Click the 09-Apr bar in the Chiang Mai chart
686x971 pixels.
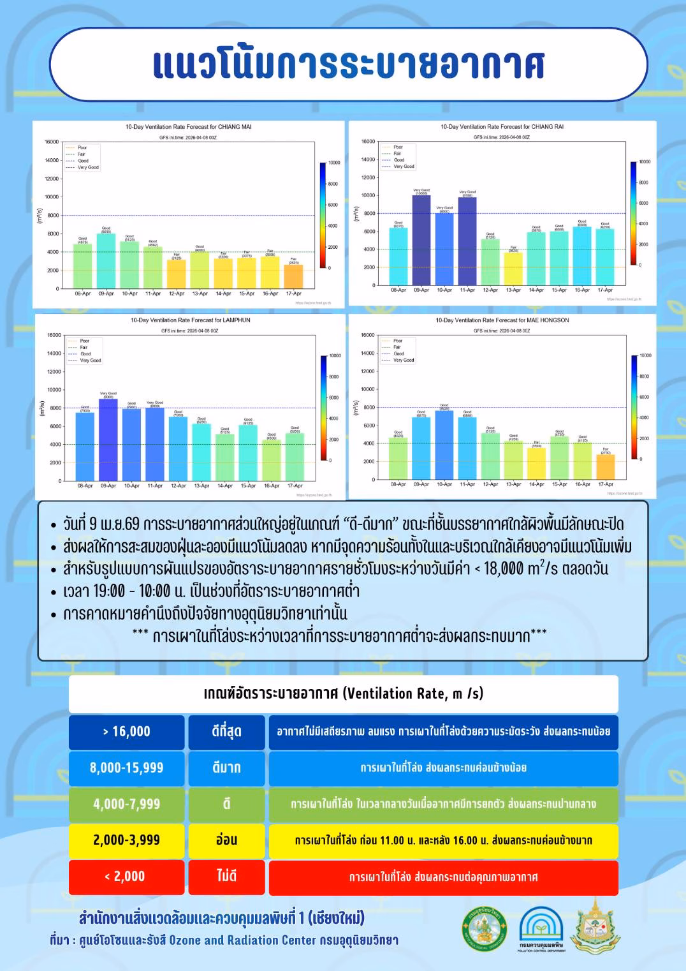tap(106, 261)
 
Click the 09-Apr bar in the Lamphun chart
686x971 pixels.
tap(108, 440)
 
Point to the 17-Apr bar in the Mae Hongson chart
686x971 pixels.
tap(606, 466)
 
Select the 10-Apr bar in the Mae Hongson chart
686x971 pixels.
tap(444, 445)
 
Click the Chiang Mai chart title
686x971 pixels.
tap(189, 127)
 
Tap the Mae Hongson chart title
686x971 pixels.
tap(502, 320)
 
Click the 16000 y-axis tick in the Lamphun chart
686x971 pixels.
tap(54, 335)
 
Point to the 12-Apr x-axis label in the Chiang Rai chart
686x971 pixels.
tap(490, 290)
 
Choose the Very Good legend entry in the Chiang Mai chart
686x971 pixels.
tap(88, 167)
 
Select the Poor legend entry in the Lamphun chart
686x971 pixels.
tap(84, 341)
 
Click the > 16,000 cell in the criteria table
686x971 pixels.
tap(126, 732)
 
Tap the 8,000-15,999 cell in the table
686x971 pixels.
tap(126, 768)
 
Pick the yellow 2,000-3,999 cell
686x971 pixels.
tap(126, 840)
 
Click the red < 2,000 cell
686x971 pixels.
tap(126, 877)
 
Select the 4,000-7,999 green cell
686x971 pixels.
tap(126, 804)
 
